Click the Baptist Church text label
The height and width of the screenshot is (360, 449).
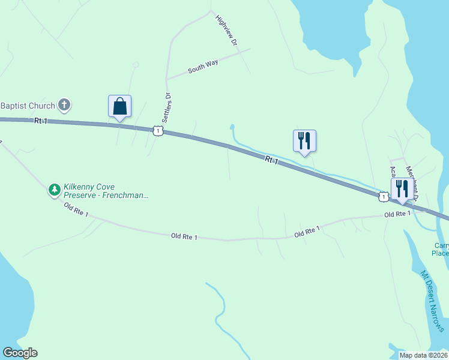point(27,106)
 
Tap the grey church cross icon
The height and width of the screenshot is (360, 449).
point(65,106)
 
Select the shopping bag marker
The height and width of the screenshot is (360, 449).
point(119,106)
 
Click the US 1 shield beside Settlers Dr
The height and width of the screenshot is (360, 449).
point(157,130)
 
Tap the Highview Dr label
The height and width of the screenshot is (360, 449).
point(228,31)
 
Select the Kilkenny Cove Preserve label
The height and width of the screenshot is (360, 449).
point(105,191)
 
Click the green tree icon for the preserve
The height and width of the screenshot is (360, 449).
point(55,190)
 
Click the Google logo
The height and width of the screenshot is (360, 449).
point(20,353)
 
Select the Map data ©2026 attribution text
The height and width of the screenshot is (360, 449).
point(423,355)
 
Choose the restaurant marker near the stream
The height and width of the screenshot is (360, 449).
point(304,140)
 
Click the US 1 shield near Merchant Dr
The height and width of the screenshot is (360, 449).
point(382,196)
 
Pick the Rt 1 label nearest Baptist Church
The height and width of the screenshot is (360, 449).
point(41,121)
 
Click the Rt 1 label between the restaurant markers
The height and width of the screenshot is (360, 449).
point(271,160)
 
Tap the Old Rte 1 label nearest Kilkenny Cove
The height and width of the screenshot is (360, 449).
point(76,211)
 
